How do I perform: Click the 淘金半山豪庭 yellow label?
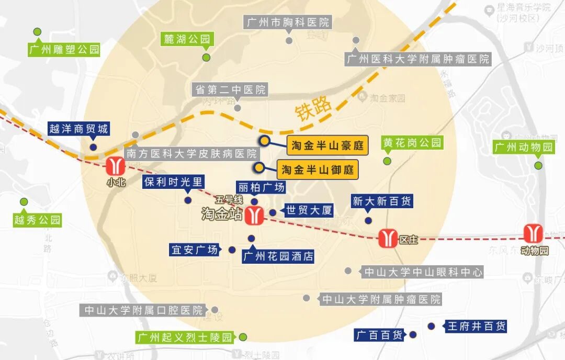[x=327, y=145]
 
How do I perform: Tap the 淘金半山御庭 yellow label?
[x=318, y=170]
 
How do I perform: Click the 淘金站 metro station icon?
[x=255, y=215]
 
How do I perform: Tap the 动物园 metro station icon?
[x=535, y=233]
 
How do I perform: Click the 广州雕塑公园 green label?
[x=64, y=50]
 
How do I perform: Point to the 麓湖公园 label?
[x=187, y=39]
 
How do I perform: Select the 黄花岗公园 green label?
[x=412, y=142]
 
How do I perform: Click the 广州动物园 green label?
[x=524, y=147]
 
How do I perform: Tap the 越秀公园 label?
[x=37, y=220]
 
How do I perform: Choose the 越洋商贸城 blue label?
[x=78, y=129]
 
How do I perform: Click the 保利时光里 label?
[x=173, y=182]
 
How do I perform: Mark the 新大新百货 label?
[x=381, y=201]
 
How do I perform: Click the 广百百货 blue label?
[x=379, y=335]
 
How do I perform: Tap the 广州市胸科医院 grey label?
[x=288, y=22]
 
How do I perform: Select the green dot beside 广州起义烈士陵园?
[x=243, y=337]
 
